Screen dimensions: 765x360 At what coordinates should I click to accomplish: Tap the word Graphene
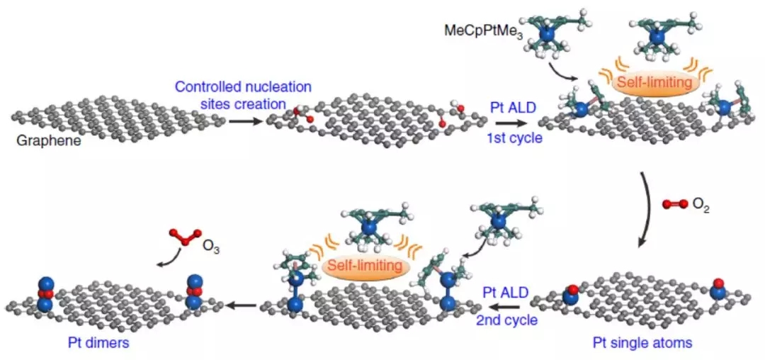(42, 142)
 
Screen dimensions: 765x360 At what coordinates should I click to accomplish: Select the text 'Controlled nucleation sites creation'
(243, 96)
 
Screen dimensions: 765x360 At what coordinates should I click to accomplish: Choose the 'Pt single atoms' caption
(642, 342)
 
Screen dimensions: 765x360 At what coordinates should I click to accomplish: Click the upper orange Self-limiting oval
(653, 82)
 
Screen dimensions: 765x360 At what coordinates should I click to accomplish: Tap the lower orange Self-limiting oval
(365, 266)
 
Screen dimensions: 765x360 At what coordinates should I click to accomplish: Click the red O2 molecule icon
(675, 204)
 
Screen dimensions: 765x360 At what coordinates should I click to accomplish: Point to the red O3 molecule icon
(184, 237)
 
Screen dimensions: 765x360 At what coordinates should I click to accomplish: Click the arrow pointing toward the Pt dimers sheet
(243, 305)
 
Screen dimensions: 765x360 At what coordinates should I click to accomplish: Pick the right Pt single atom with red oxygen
(717, 289)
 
